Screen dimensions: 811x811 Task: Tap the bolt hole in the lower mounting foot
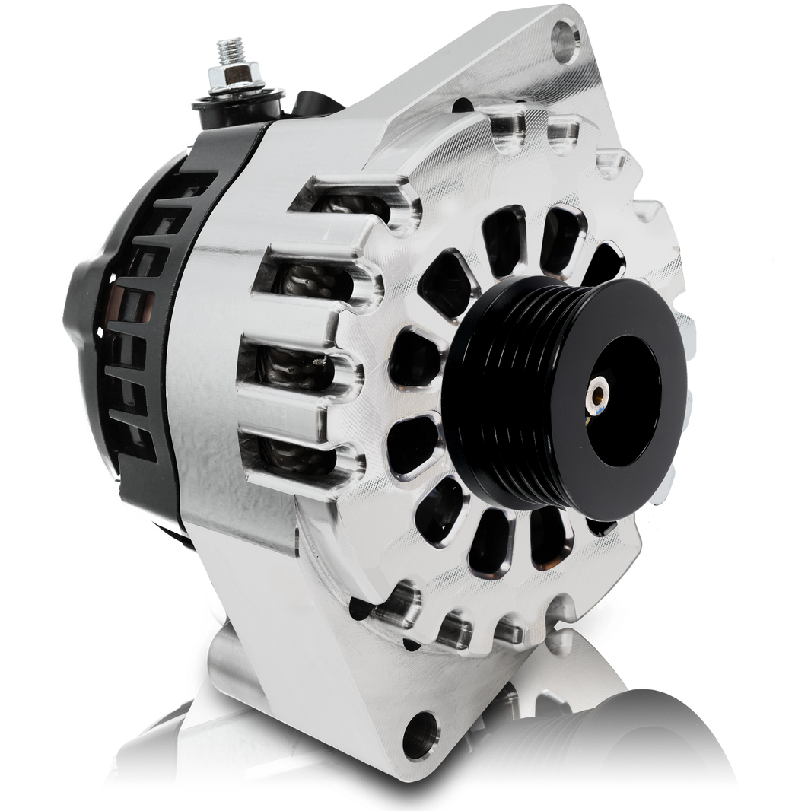pos(421,736)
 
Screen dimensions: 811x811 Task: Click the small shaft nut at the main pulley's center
pos(599,393)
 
